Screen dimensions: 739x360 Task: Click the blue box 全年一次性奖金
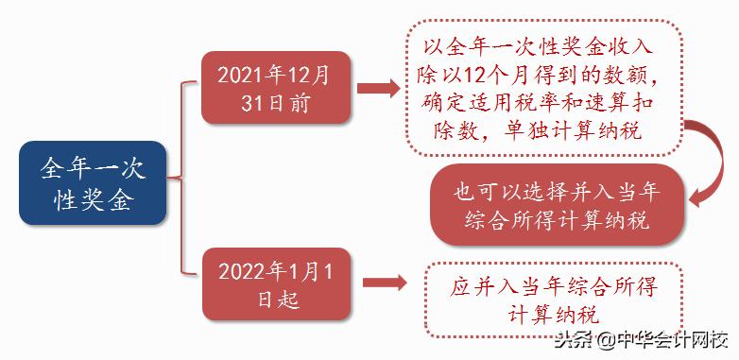92,183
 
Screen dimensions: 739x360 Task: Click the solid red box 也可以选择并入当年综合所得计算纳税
556,206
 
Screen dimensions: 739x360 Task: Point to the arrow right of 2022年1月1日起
383,283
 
